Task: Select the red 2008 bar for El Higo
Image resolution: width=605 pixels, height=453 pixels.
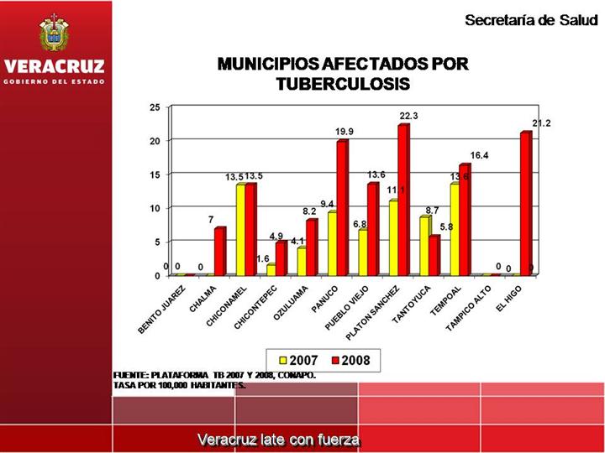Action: [525, 205]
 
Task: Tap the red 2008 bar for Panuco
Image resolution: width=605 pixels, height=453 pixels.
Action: [341, 209]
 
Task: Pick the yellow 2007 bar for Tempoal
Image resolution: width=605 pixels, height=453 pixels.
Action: [455, 230]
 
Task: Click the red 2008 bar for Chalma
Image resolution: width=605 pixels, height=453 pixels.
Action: [219, 252]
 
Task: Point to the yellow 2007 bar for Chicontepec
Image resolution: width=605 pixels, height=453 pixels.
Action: [271, 270]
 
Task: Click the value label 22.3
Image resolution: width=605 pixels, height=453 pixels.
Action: [408, 116]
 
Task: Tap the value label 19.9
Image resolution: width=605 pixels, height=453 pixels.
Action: [345, 132]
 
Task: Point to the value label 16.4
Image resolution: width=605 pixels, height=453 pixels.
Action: [479, 155]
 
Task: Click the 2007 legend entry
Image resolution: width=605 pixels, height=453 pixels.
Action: [294, 361]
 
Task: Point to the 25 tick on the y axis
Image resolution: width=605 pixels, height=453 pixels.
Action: [154, 107]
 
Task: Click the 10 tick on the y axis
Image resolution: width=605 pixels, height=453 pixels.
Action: [154, 208]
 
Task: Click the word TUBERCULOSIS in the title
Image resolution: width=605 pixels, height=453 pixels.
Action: [342, 84]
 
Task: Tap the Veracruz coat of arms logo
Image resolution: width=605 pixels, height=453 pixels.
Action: [55, 34]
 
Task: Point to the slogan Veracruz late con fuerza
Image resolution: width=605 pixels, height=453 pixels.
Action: [278, 440]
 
